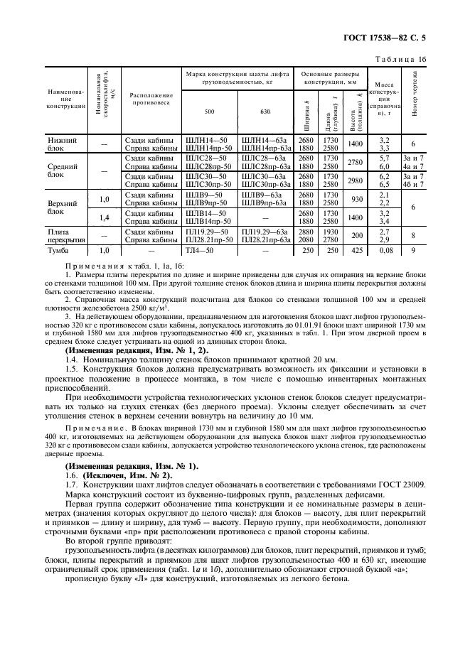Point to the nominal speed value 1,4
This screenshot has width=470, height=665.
[x=105, y=217]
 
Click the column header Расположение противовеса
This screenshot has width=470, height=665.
[x=151, y=99]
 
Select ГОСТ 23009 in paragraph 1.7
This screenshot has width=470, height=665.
[x=398, y=484]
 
